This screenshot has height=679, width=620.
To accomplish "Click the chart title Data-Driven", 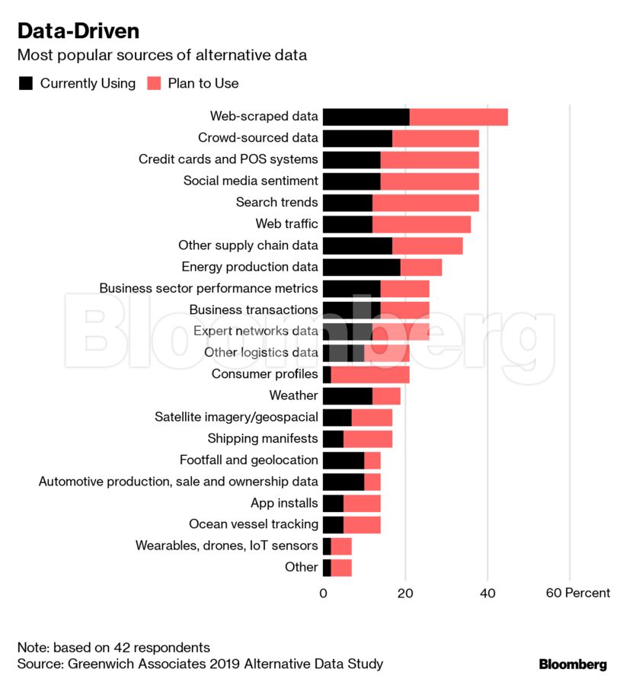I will pos(78,31).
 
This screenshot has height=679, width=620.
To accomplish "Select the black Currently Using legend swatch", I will pos(26,83).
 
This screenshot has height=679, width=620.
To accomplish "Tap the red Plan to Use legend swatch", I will pos(154,83).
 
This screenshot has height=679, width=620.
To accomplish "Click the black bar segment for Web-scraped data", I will pos(366,117).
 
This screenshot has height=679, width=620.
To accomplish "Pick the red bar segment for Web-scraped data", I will pos(459,117).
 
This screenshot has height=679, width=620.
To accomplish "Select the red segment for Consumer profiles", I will pos(370,374).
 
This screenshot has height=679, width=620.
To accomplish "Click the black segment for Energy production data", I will pos(361,267).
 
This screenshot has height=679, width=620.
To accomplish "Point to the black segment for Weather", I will pos(347,396).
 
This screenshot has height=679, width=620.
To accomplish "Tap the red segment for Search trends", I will pos(426,203).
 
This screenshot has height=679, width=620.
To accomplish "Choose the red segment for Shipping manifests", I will pos(368,439).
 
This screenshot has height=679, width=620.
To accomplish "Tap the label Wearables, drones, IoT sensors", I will pos(226,546).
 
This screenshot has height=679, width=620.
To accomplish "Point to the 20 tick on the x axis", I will pos(405,593).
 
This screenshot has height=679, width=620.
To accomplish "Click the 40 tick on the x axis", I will pos(487,593).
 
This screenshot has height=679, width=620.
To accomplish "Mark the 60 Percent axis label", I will pos(577,593).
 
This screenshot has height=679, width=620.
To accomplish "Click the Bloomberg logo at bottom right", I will pos(573,664).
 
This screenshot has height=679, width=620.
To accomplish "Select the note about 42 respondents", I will pos(113,648).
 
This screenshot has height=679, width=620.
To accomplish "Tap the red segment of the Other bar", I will pos(341,567).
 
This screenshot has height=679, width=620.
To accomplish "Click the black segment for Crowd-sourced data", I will pos(357,138).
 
